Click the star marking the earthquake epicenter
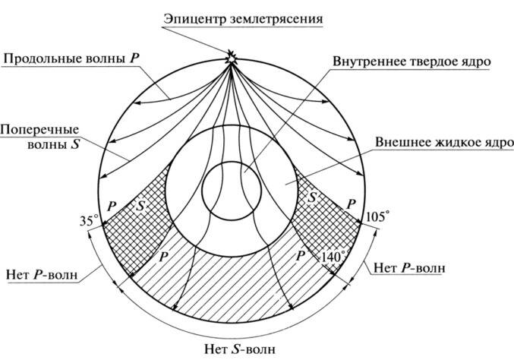click(x=231, y=55)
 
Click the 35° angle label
click(x=89, y=222)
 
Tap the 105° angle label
click(x=377, y=217)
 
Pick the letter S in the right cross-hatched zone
click(x=311, y=197)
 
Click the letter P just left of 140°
click(x=301, y=256)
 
